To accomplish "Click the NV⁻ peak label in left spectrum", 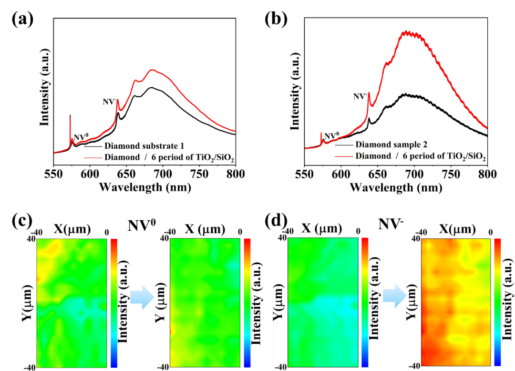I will click(x=110, y=101).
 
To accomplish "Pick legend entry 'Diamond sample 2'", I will click(x=391, y=144).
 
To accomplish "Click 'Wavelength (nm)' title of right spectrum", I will click(x=396, y=187).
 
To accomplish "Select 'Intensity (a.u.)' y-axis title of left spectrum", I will click(x=45, y=86).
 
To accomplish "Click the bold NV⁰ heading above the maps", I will click(x=141, y=226).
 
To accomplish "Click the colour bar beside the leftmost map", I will click(x=113, y=303).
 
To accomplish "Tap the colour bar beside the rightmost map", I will click(x=497, y=302).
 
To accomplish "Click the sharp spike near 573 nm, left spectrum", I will click(x=71, y=116).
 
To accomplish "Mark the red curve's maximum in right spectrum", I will click(x=406, y=32).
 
